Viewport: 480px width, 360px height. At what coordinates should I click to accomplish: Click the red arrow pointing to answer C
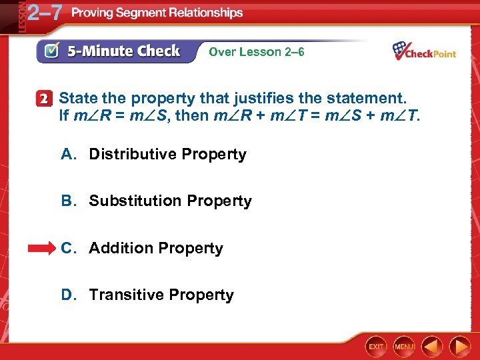pos(42,248)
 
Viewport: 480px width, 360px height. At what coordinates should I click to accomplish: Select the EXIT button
pos(376,347)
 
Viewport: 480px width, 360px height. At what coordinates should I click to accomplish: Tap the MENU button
pos(404,347)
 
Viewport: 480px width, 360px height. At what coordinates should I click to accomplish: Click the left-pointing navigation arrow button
pos(433,347)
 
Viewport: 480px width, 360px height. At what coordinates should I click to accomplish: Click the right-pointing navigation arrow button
pos(460,347)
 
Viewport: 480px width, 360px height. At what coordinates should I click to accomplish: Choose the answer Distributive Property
pos(167,155)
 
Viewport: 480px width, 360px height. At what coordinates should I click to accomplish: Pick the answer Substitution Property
pos(170,201)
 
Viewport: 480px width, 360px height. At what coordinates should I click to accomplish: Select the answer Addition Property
pos(156,248)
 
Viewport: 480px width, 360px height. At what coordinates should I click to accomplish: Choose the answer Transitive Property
pos(161,295)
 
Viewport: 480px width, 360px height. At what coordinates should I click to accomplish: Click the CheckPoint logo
pos(424,51)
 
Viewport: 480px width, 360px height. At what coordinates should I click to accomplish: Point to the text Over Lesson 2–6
pos(257,51)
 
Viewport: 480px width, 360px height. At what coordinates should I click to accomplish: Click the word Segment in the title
pos(145,13)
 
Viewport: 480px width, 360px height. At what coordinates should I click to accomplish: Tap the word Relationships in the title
pos(207,13)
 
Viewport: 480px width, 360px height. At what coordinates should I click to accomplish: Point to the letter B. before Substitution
pos(68,201)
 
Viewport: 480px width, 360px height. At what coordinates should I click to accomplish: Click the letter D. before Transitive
pos(68,295)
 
